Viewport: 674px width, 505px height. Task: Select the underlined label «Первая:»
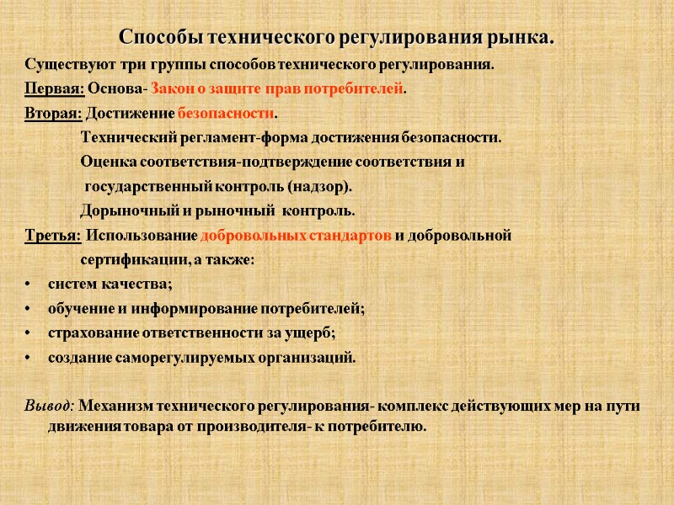click(54, 88)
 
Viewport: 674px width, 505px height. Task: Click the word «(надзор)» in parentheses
click(321, 186)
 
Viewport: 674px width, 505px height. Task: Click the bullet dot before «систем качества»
click(29, 284)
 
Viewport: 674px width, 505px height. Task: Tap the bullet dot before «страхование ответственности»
click(29, 333)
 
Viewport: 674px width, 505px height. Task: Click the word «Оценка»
click(106, 162)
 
